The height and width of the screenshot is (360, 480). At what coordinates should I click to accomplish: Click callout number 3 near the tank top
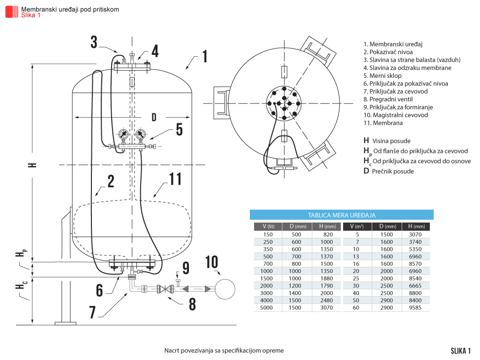94,42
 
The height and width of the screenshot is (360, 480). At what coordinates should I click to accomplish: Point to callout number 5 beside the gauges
179,129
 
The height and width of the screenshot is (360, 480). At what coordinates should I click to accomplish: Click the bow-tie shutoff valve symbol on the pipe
164,289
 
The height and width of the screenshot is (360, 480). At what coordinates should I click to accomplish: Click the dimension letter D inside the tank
153,116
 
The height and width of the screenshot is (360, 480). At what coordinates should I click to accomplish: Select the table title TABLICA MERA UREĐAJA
341,215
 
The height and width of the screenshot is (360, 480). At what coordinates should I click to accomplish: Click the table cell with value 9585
416,308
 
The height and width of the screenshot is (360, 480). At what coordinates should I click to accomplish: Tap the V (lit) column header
268,227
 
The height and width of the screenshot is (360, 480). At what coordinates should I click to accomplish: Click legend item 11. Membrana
383,123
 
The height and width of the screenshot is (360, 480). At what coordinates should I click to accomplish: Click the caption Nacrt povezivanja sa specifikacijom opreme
224,351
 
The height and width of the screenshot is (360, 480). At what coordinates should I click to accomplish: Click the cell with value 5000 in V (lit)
268,308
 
